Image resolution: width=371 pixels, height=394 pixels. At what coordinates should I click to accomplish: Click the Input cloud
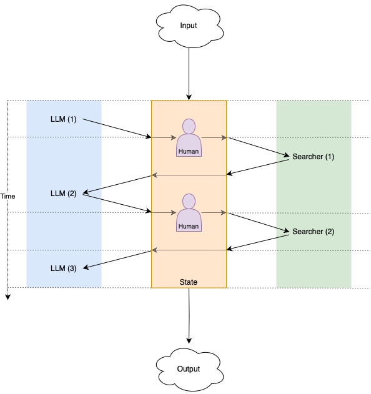tap(189, 26)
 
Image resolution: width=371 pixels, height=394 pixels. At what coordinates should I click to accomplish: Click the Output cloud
tap(189, 370)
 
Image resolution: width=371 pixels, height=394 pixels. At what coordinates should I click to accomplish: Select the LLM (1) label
tap(63, 119)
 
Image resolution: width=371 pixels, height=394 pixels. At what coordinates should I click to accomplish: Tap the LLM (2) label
tap(63, 194)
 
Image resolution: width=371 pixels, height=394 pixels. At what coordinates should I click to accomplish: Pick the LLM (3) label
tap(63, 268)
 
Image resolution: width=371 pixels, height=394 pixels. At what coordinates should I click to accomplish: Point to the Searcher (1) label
tap(313, 157)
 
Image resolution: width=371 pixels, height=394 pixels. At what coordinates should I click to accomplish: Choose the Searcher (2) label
tap(313, 232)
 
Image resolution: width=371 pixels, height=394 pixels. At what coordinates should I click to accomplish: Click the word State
tap(189, 282)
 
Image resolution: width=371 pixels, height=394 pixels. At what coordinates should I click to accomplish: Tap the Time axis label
tap(7, 196)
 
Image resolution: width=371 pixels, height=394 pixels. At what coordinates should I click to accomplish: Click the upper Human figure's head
tap(189, 126)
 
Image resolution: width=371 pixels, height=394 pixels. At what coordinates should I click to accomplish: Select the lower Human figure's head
tap(189, 201)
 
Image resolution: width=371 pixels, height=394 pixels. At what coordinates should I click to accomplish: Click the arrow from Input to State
tap(189, 74)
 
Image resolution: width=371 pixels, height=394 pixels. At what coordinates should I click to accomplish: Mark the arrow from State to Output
tap(189, 315)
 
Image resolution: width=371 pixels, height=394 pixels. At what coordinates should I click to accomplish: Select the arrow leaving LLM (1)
tap(117, 128)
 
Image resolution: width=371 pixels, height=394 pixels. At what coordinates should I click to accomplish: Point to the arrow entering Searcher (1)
tap(259, 147)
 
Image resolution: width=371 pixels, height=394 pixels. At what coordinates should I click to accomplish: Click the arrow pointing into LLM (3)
tap(117, 260)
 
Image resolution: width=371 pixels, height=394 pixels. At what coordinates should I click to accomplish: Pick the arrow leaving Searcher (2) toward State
tap(257, 242)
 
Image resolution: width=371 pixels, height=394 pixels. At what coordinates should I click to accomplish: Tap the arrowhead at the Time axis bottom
tap(8, 297)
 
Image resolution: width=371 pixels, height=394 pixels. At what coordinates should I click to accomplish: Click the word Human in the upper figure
tap(189, 151)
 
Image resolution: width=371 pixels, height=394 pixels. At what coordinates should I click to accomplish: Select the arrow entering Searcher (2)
tap(259, 222)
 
